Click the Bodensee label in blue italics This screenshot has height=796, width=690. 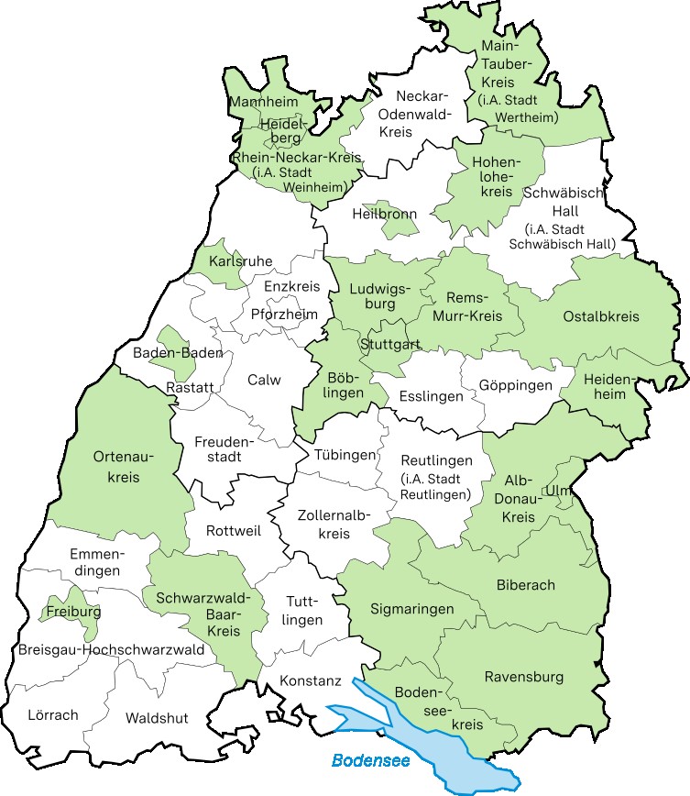(x=369, y=760)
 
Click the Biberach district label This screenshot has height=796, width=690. (x=525, y=585)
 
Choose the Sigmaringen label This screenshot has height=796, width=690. (x=411, y=609)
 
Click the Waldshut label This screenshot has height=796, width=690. (x=157, y=717)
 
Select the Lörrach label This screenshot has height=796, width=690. (x=53, y=714)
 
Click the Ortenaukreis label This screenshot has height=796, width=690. (x=123, y=467)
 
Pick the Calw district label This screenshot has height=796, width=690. (x=264, y=380)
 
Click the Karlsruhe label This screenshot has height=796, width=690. (x=240, y=262)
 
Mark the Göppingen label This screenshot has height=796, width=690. (x=516, y=385)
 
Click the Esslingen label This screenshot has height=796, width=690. (x=431, y=397)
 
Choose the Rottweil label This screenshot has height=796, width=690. (x=234, y=531)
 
